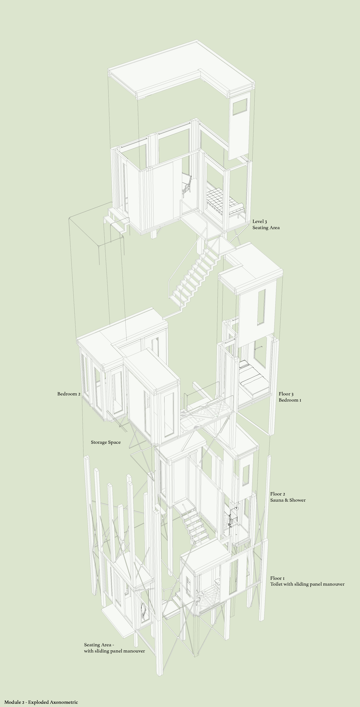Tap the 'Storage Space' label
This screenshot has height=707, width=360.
pyautogui.click(x=106, y=442)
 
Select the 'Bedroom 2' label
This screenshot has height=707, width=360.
pyautogui.click(x=69, y=394)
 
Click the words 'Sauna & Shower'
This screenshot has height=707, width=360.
pyautogui.click(x=288, y=500)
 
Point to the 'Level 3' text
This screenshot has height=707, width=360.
pyautogui.click(x=260, y=221)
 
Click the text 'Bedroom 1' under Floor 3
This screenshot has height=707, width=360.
pyautogui.click(x=290, y=400)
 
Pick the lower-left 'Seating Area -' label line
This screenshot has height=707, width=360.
pyautogui.click(x=99, y=645)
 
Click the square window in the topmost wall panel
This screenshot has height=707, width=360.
pyautogui.click(x=240, y=107)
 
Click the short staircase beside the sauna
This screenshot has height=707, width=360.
pyautogui.click(x=192, y=523)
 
